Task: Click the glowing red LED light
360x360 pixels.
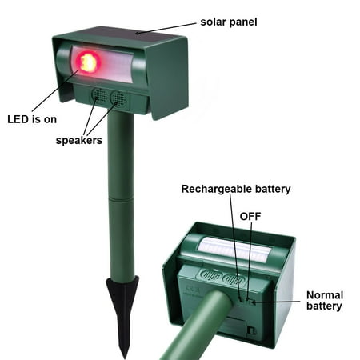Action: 87,62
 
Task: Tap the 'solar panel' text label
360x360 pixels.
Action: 229,22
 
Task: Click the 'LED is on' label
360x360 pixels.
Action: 32,119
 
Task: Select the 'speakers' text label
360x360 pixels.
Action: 79,140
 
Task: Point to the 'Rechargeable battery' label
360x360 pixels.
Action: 236,189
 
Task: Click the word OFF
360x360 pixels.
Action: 250,216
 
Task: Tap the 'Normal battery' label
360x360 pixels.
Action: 325,301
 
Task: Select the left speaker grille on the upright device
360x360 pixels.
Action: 100,97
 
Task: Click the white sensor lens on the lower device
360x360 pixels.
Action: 234,249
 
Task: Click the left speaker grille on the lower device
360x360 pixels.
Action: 211,274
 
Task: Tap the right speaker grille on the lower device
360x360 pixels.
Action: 234,278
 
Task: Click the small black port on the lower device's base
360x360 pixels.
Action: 251,330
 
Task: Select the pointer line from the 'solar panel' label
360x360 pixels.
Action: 166,28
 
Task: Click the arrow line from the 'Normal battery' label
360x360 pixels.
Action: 277,302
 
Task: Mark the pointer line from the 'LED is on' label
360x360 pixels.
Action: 55,90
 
